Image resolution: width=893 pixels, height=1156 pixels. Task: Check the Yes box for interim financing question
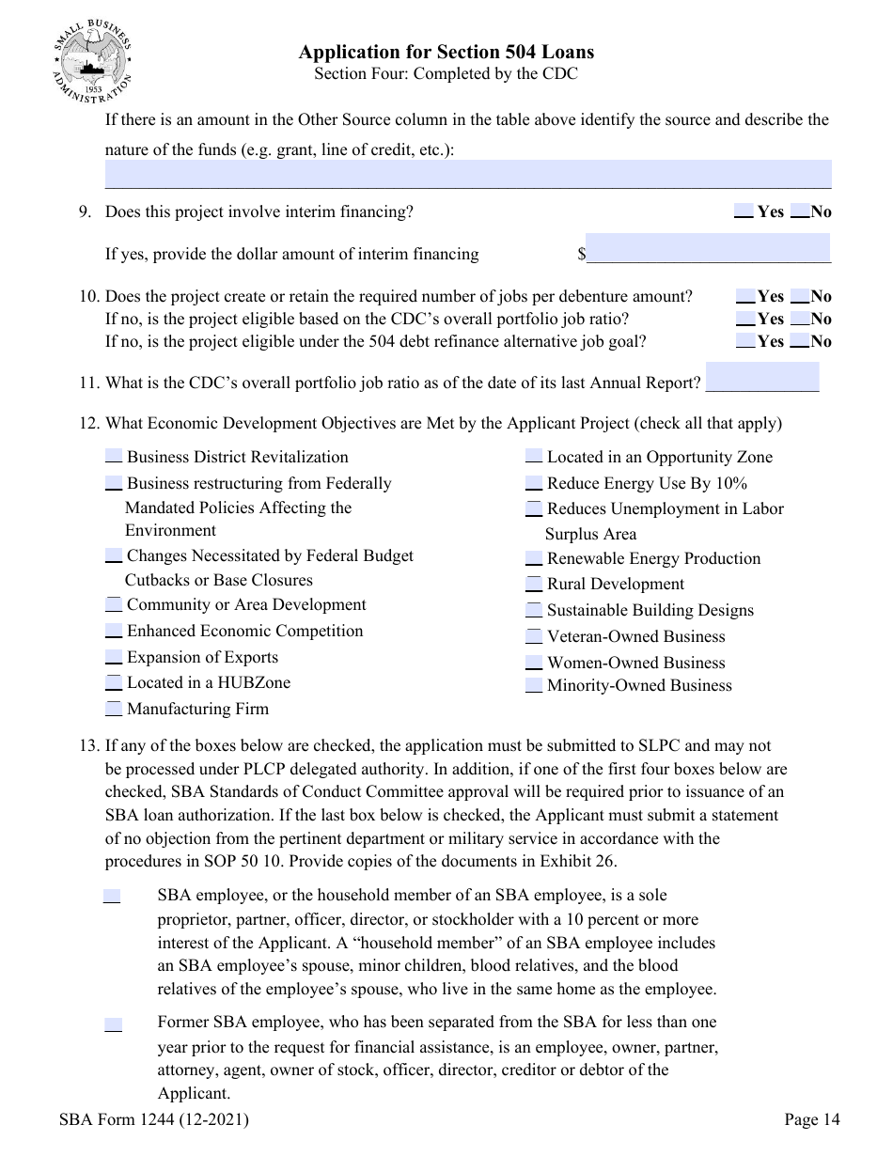click(x=743, y=211)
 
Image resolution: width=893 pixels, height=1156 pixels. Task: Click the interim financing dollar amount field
click(x=708, y=248)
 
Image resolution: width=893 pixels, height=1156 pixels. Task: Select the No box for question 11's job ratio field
click(x=761, y=376)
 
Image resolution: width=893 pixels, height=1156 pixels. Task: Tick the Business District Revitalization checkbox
click(x=114, y=457)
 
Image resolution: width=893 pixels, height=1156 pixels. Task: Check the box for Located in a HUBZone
click(x=114, y=682)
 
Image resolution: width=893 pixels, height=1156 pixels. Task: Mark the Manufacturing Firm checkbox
click(x=114, y=709)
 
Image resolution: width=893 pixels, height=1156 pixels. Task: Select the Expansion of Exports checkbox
click(x=114, y=657)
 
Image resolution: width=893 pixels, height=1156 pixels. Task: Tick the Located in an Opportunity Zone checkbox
click(x=534, y=457)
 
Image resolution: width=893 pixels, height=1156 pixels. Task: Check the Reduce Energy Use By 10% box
click(x=534, y=483)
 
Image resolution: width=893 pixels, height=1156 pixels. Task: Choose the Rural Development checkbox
click(x=534, y=584)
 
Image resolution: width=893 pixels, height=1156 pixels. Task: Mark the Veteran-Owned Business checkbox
click(x=534, y=636)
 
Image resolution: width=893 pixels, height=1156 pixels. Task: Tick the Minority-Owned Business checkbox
click(x=534, y=685)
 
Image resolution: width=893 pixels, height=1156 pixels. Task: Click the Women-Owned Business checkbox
click(x=534, y=663)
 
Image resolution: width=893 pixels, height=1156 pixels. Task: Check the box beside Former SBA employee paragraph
click(x=113, y=1024)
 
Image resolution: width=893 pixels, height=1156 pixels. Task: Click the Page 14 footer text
click(x=812, y=1119)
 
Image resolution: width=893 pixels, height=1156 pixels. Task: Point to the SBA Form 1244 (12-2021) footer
click(x=153, y=1119)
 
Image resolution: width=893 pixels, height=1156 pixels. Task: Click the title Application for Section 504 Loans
click(x=446, y=52)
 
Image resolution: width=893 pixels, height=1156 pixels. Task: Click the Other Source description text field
click(x=468, y=174)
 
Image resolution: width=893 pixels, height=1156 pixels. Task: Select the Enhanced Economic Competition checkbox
click(x=114, y=631)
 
